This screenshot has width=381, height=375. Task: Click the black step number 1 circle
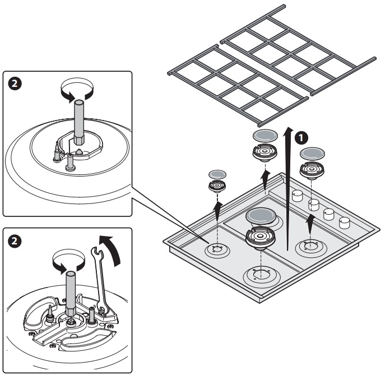[301, 137]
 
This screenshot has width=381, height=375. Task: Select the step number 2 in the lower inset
[15, 240]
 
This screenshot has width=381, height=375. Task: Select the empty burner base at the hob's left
[216, 249]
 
